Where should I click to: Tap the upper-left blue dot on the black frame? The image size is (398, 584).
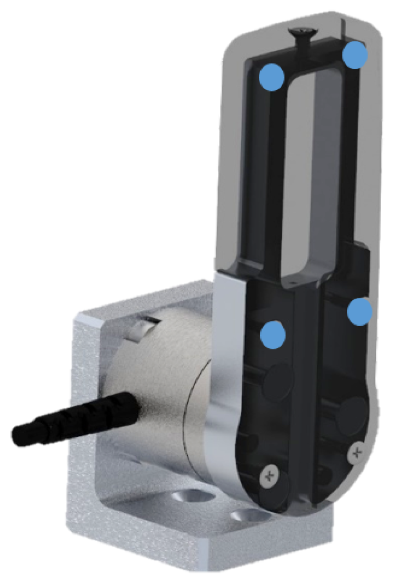click(x=272, y=76)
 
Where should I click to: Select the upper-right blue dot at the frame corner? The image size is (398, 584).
click(x=355, y=55)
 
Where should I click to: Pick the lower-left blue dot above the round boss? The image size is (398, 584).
click(x=274, y=334)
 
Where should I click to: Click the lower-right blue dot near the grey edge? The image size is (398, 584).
click(x=359, y=312)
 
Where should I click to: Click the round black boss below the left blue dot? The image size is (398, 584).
click(x=279, y=377)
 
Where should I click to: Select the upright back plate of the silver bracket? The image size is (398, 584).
click(x=90, y=380)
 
